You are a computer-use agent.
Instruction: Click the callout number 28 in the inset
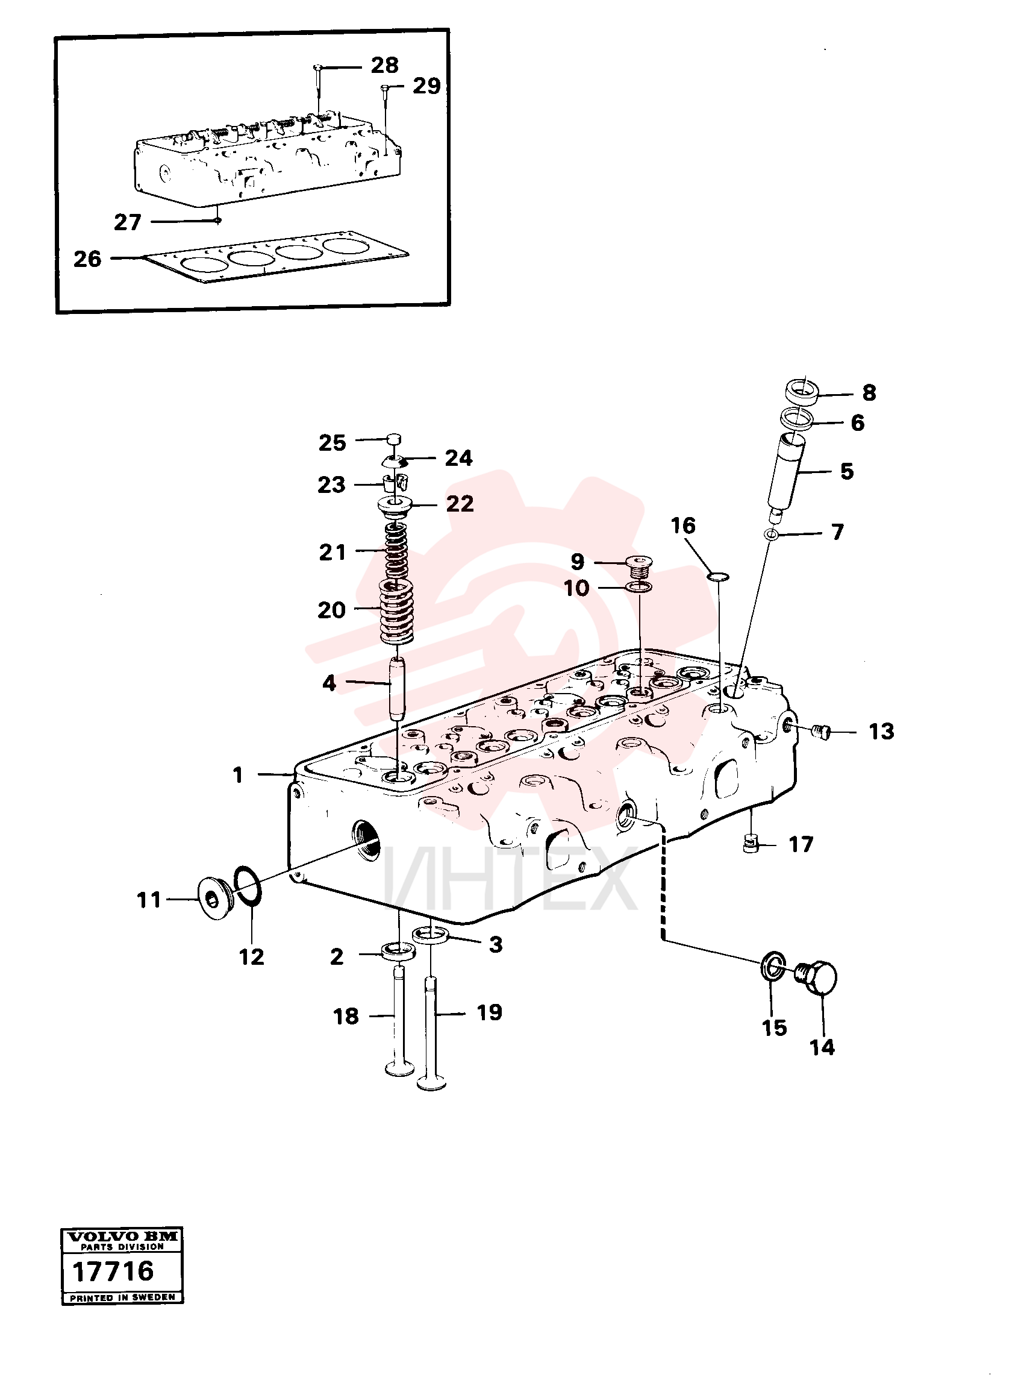[384, 64]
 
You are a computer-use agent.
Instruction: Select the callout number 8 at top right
[869, 392]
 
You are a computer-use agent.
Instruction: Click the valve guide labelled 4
[397, 689]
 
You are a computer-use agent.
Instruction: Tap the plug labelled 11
[213, 898]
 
